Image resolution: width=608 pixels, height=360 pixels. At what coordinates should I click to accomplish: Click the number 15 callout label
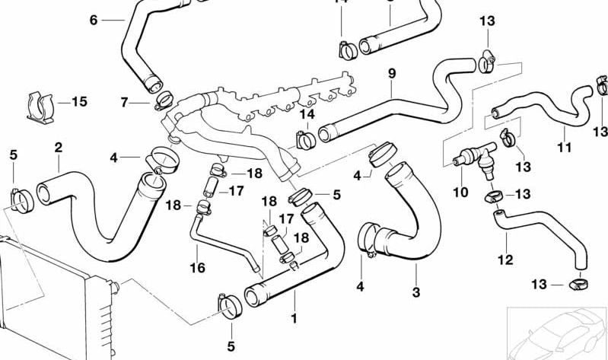79,100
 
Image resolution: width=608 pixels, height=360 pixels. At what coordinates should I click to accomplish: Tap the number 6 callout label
94,20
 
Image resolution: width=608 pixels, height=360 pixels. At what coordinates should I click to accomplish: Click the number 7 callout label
125,102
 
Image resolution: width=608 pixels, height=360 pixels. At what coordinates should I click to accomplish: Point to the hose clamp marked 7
163,100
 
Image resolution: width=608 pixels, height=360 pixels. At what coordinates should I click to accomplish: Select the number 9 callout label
392,74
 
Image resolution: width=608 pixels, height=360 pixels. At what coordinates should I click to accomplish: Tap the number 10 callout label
460,193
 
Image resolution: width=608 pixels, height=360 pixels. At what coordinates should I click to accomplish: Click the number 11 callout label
563,147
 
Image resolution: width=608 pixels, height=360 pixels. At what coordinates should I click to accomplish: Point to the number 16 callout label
197,268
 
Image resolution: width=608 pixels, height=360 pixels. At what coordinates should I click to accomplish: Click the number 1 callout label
293,317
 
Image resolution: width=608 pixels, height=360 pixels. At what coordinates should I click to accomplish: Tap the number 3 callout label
415,292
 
